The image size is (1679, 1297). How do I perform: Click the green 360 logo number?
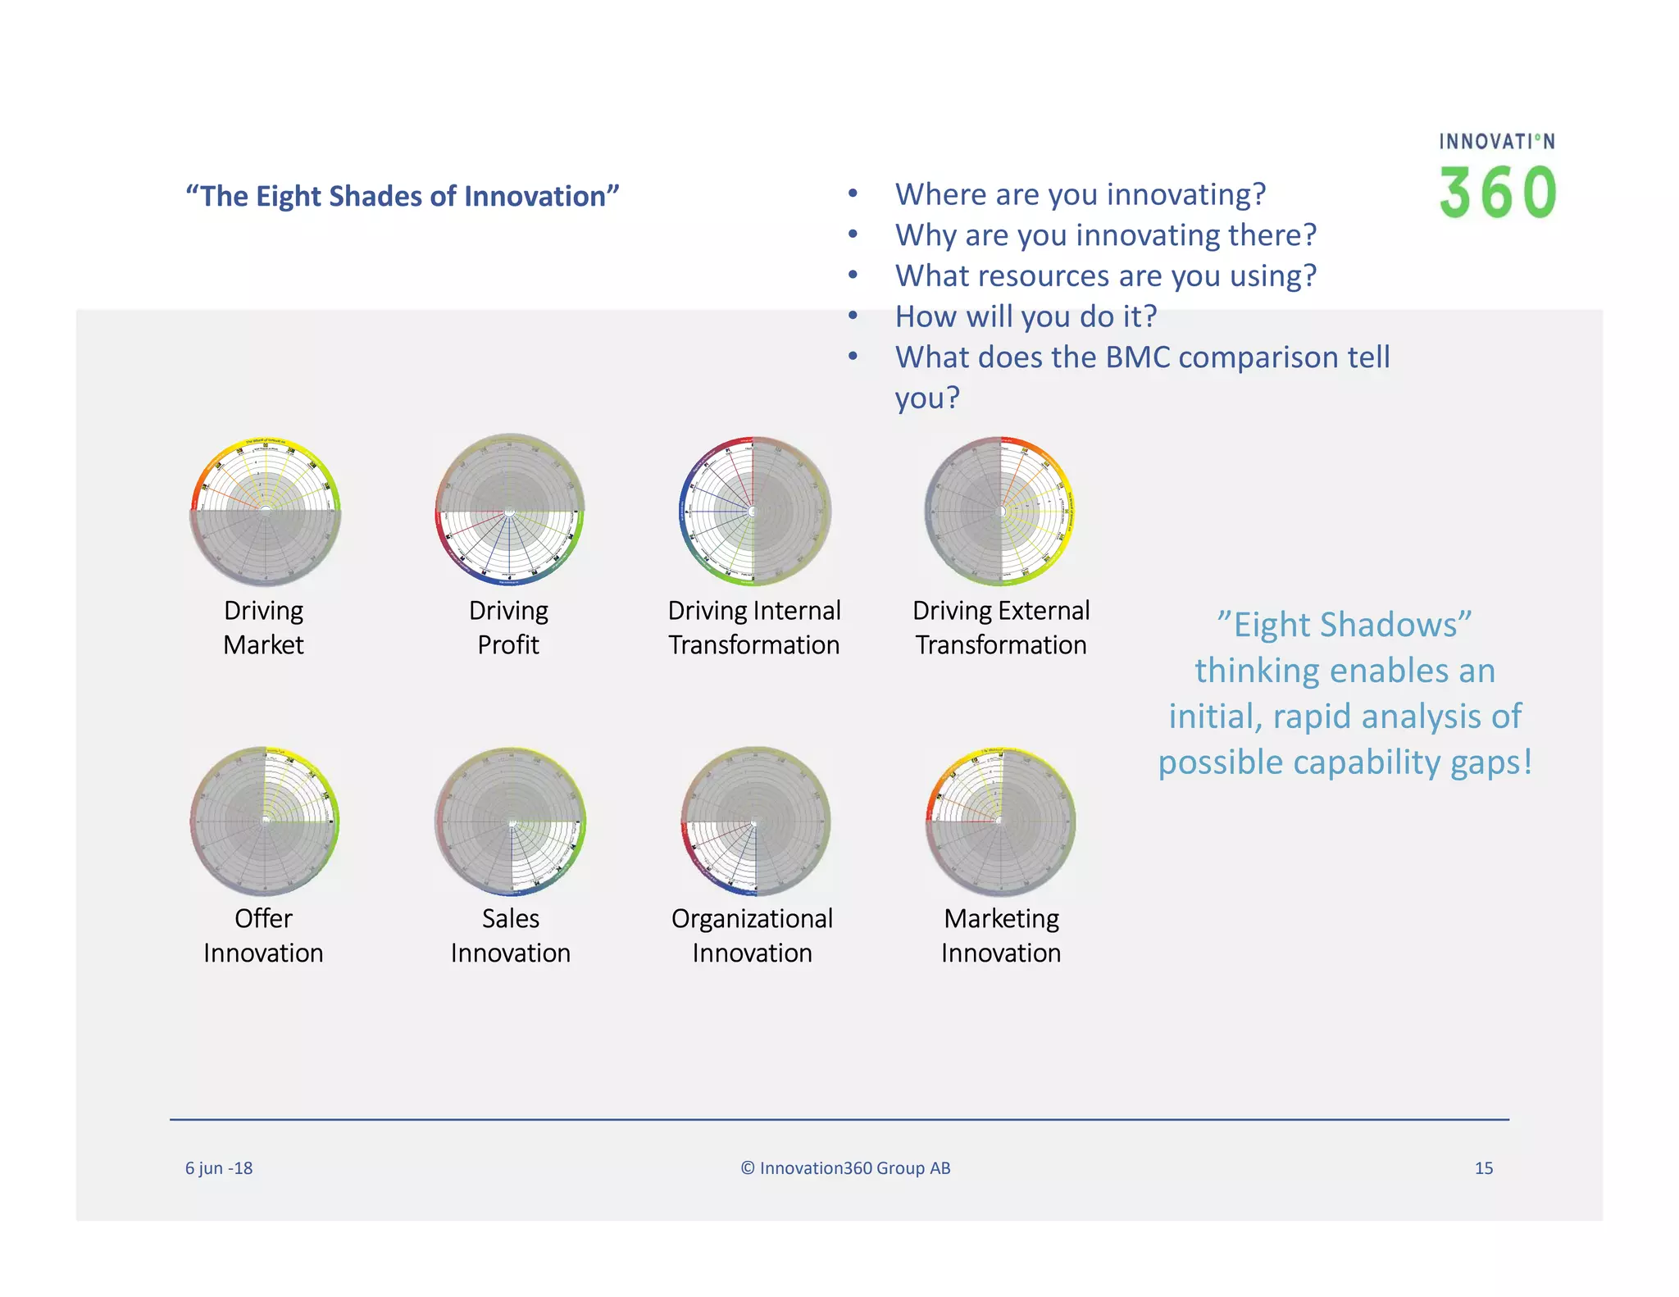tap(1497, 193)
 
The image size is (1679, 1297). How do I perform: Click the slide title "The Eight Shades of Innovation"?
tap(402, 197)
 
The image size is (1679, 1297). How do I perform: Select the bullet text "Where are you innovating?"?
tap(1080, 194)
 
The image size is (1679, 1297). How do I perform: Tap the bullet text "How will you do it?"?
tap(1025, 316)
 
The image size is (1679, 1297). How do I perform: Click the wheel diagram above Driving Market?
tap(265, 511)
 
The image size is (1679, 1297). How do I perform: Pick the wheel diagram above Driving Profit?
tap(509, 511)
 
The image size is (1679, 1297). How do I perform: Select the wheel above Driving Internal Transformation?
tap(753, 511)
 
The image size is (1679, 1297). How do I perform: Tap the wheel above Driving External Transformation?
tap(1000, 511)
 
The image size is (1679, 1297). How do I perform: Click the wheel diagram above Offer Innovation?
tap(265, 820)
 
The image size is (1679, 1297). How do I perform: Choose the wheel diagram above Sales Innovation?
tap(510, 820)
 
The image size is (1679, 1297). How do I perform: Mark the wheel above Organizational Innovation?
tap(754, 820)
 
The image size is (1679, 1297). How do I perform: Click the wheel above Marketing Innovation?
tap(1000, 820)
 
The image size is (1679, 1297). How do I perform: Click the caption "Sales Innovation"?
tap(510, 935)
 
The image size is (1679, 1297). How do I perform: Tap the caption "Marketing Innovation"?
tap(1000, 935)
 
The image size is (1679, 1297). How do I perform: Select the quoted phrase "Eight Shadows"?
tap(1345, 625)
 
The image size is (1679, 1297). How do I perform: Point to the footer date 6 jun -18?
tap(219, 1168)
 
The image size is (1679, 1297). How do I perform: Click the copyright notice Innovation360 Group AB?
tap(845, 1168)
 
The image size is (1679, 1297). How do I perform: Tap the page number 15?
tap(1483, 1168)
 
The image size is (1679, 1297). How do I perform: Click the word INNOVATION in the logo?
tap(1496, 142)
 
